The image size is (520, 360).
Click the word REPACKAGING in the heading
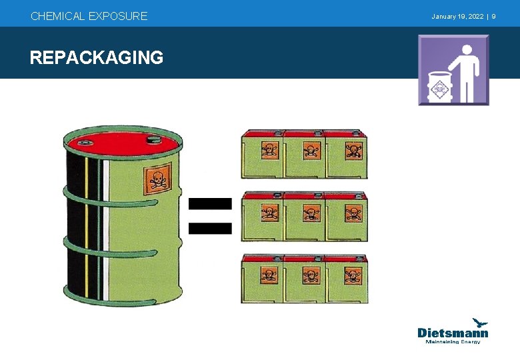(x=97, y=58)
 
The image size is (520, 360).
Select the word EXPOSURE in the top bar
(x=118, y=16)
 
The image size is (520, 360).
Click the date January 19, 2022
(x=457, y=16)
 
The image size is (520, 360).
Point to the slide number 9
(x=493, y=16)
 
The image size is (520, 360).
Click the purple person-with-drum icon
(x=453, y=70)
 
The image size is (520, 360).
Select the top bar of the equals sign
(x=210, y=203)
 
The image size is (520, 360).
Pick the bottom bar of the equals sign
(x=210, y=228)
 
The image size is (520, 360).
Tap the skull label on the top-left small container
(x=269, y=150)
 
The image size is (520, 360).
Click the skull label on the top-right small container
(x=353, y=150)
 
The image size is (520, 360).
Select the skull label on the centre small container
(x=311, y=213)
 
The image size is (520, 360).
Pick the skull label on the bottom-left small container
(x=269, y=275)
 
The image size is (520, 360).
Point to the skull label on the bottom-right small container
(x=353, y=275)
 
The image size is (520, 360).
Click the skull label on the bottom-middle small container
(x=311, y=275)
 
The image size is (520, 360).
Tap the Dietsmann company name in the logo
(x=453, y=333)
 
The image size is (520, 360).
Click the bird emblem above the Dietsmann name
(x=480, y=322)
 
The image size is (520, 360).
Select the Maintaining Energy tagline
(x=453, y=342)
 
